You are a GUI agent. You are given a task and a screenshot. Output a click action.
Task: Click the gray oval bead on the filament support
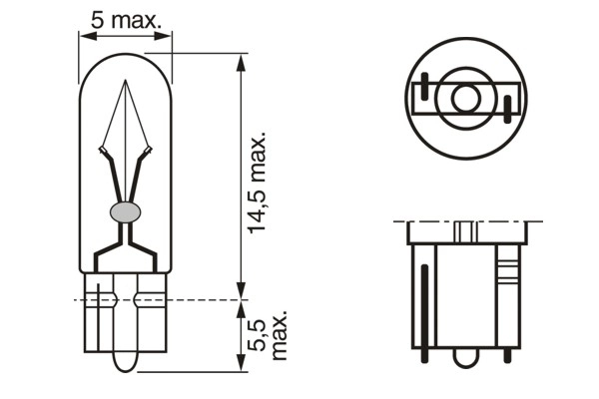(x=126, y=210)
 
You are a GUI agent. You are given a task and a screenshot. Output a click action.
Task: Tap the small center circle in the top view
(x=465, y=99)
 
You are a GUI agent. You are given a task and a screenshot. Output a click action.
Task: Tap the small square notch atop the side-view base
(x=465, y=231)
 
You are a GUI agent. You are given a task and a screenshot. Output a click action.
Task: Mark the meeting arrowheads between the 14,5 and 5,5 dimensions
(x=240, y=297)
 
